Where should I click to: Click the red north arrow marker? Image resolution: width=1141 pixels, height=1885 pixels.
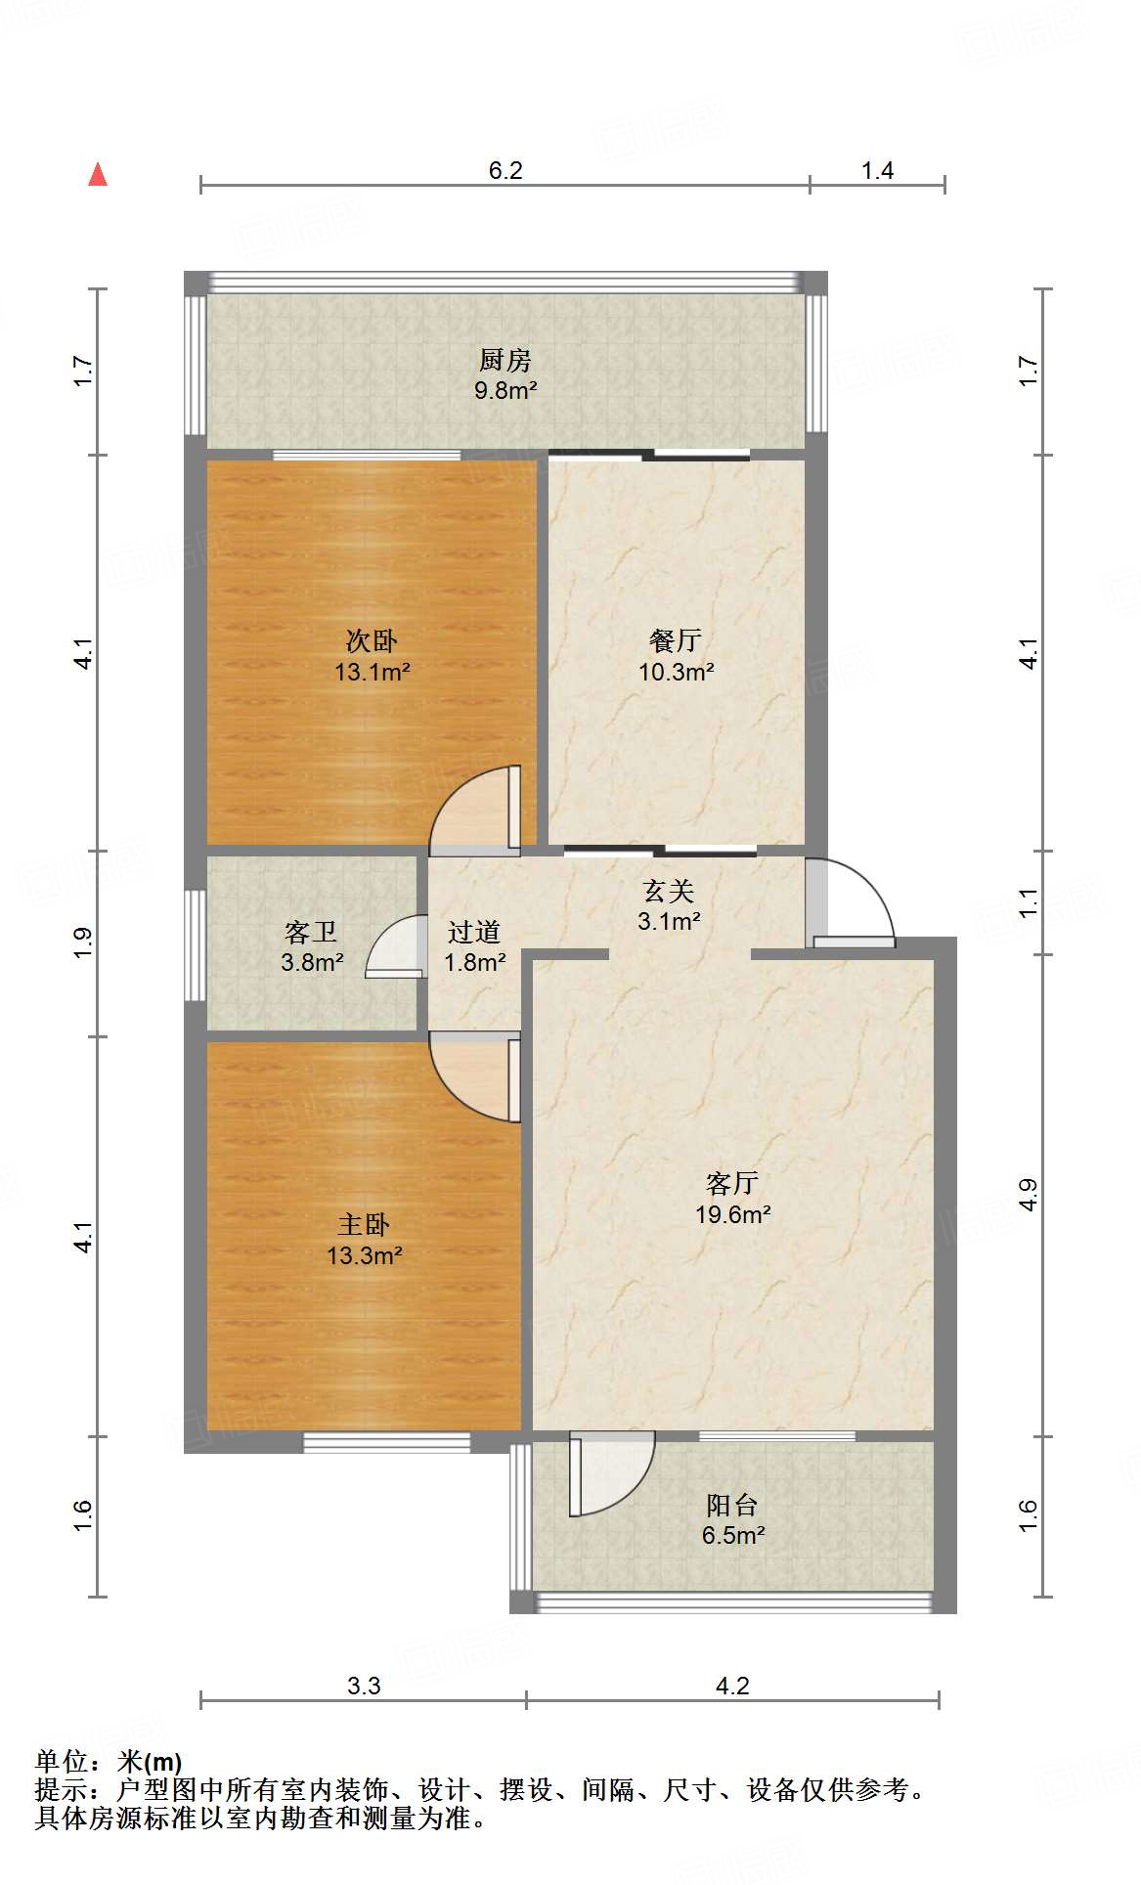point(98,175)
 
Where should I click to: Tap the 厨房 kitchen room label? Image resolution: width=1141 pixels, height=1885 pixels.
point(505,361)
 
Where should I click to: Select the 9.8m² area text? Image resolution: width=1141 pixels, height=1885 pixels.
point(505,391)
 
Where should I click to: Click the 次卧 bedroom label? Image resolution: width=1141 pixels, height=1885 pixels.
point(372,641)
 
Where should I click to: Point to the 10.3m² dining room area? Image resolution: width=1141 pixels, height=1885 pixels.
point(676,673)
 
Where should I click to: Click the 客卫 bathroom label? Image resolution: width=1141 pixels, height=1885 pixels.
point(311,932)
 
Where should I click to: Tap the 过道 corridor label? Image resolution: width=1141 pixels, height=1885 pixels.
point(474,933)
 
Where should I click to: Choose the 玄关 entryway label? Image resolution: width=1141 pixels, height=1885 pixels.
point(669,892)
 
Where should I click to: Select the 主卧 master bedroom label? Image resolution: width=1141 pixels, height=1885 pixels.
point(364,1225)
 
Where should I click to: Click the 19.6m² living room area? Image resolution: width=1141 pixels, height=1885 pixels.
point(733,1215)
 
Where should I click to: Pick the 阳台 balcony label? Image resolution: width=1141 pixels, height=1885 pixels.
point(732,1506)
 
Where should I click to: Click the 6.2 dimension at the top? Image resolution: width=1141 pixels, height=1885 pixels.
point(505,171)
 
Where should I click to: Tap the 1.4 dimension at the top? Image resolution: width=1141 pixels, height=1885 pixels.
point(877,171)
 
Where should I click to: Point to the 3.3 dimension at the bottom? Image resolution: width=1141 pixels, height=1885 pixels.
point(364,1687)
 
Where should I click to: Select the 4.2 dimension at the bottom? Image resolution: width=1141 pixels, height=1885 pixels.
point(732,1687)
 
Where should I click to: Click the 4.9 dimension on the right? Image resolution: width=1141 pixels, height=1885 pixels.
point(1028,1195)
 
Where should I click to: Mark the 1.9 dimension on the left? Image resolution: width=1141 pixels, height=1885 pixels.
point(83,942)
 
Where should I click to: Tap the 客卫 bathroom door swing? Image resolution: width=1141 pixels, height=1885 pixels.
point(397,947)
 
